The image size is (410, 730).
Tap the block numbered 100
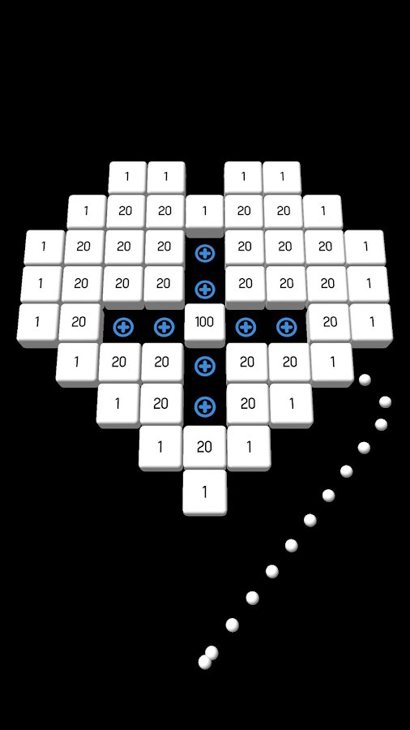pos(204,324)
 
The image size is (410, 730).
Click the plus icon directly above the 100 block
pos(204,290)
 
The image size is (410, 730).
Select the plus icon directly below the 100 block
pos(204,367)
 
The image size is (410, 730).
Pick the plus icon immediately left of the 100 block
pos(164,328)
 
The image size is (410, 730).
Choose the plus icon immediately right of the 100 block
pos(246,328)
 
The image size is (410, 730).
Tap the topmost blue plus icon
pos(204,254)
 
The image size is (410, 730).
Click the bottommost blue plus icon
pos(204,407)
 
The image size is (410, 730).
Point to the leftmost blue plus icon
pos(123,328)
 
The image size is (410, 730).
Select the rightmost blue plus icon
pos(286,328)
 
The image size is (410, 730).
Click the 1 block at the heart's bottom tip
pos(204,492)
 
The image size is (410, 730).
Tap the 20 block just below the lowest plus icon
pos(204,448)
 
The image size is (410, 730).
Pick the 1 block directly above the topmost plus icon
pos(204,213)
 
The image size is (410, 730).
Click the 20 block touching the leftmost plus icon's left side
pos(79,323)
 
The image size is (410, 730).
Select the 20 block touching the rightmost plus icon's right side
pos(330,323)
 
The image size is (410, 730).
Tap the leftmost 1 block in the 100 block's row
pos(37,323)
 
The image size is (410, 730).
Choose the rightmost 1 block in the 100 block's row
pos(371,323)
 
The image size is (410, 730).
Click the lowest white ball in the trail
pos(204,662)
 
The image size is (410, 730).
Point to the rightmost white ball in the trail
pos(385,401)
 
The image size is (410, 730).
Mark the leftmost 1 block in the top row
pos(127,178)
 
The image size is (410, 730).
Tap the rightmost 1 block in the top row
pos(282,178)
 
